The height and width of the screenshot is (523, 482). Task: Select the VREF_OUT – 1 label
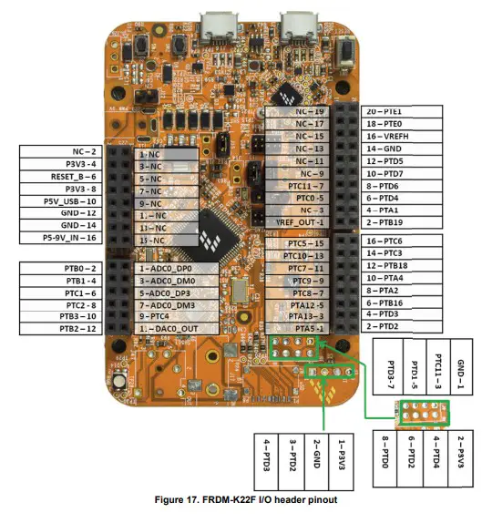pyautogui.click(x=297, y=221)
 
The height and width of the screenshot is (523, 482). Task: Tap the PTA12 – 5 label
pyautogui.click(x=298, y=305)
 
